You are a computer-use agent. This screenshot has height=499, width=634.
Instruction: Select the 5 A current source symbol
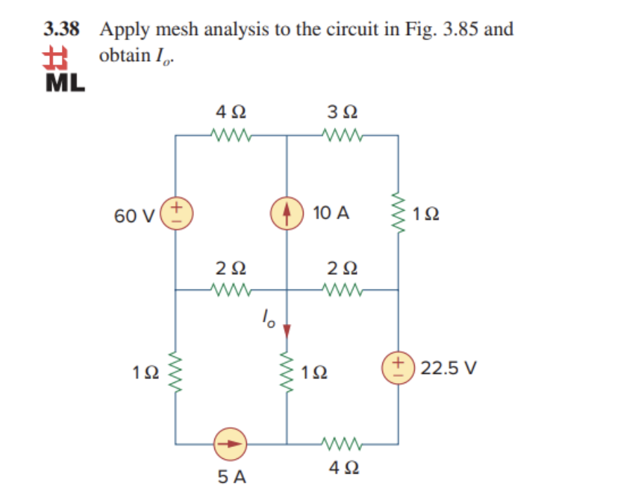coord(231,444)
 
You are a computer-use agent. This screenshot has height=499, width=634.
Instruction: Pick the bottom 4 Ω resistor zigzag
coord(342,444)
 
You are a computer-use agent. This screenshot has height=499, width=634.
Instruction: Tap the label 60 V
coord(130,214)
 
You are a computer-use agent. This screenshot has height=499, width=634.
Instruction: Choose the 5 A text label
coord(231,477)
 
